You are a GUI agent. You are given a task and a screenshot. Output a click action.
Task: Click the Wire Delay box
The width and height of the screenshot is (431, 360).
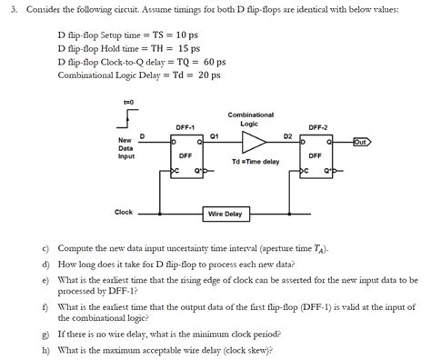point(225,214)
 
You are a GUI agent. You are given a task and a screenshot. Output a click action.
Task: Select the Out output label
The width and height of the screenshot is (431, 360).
point(360,142)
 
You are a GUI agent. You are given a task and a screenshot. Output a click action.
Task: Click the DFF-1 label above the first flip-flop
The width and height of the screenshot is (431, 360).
point(186,126)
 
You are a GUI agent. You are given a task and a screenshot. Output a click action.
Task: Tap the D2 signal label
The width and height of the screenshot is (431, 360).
point(287,135)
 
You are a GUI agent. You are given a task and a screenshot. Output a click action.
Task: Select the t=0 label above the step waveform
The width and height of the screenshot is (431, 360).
point(128,102)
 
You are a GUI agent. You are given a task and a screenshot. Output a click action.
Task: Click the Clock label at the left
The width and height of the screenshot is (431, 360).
point(124,212)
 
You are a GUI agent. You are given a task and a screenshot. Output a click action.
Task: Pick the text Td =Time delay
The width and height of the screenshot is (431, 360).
point(256,161)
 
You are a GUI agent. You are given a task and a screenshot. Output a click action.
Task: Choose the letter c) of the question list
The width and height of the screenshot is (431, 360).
point(45,247)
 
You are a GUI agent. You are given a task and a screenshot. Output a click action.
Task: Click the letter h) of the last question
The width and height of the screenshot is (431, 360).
point(45,350)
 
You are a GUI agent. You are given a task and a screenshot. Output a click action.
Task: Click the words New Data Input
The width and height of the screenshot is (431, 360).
point(125,148)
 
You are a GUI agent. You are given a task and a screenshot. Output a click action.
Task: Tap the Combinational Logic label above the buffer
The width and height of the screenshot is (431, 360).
point(251,119)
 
